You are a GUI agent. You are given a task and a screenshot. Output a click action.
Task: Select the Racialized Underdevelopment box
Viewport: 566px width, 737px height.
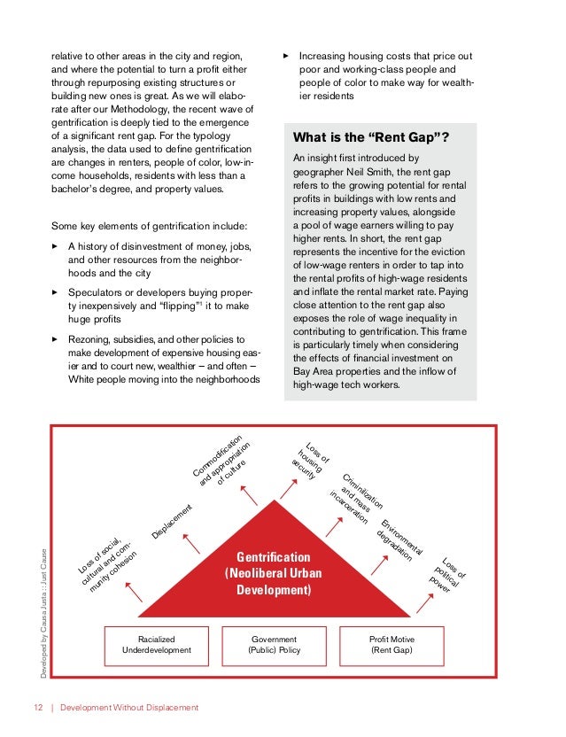(157, 645)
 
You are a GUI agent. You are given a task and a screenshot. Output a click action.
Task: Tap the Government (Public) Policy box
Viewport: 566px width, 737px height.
(275, 645)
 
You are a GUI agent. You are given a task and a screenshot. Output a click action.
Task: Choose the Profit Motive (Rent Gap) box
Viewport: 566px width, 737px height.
(392, 645)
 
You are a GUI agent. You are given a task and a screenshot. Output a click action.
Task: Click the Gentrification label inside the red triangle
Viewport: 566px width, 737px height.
(274, 557)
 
